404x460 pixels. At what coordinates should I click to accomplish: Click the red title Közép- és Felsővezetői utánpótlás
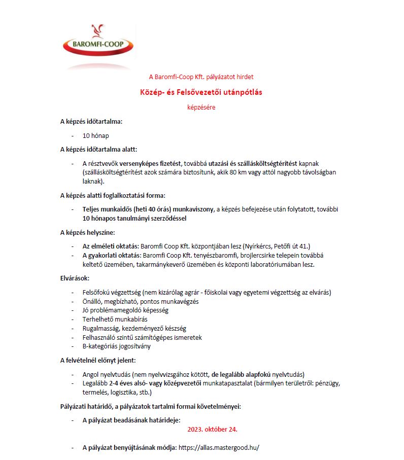[x=201, y=92]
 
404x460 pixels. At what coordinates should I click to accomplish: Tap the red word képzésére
[x=201, y=107]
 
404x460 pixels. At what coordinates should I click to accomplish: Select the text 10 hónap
[x=96, y=136]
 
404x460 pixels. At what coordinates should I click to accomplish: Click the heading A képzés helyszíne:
[x=88, y=233]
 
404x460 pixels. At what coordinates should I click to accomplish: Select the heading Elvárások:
[x=75, y=278]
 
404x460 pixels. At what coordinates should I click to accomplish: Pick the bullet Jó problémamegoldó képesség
[x=125, y=310]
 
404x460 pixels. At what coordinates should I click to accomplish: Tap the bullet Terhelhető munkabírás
[x=115, y=319]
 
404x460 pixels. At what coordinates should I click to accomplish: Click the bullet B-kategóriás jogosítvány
[x=116, y=346]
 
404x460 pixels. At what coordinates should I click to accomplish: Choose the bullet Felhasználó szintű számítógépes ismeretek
[x=142, y=337]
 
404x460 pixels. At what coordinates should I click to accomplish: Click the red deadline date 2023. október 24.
[x=212, y=429]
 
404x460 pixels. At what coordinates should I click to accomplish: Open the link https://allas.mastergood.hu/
[x=219, y=448]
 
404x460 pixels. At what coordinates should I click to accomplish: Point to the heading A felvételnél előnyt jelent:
[x=98, y=361]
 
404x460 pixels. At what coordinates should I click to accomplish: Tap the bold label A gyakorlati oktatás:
[x=112, y=256]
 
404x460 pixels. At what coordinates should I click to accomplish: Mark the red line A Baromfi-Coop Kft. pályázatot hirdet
[x=201, y=77]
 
